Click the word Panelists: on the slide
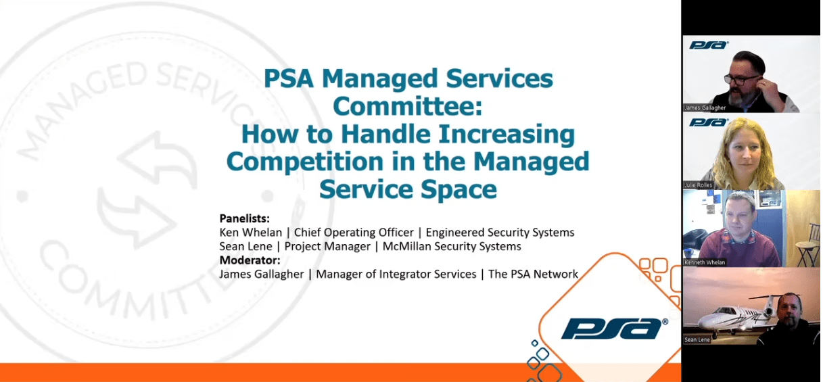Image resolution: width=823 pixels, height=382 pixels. click(x=244, y=218)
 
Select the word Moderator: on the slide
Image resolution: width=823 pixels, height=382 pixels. click(x=250, y=260)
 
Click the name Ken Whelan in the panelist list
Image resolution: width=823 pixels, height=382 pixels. click(x=251, y=232)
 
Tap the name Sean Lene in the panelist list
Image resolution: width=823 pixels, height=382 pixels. click(x=245, y=246)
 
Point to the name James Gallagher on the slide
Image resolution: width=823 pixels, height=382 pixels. click(x=262, y=274)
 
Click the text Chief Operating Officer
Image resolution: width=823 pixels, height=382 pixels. click(x=354, y=233)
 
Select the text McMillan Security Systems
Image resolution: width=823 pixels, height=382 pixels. click(x=452, y=246)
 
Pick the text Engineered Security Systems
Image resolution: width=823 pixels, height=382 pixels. click(x=500, y=233)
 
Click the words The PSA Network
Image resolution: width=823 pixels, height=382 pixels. click(x=533, y=274)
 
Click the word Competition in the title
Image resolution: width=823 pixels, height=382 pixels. click(x=305, y=162)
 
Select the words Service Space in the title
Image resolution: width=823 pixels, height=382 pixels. click(x=408, y=189)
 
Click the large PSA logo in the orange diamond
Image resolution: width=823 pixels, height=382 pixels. click(x=614, y=329)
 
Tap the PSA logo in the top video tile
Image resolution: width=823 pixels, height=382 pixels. click(x=708, y=45)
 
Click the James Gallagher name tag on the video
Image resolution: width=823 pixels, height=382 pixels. click(x=705, y=108)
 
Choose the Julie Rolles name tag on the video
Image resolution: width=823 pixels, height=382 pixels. click(x=698, y=185)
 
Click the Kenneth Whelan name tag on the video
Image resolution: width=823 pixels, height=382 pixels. click(x=705, y=262)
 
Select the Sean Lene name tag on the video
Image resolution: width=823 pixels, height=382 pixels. click(x=697, y=340)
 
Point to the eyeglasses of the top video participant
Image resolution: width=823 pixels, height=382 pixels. click(x=738, y=79)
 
